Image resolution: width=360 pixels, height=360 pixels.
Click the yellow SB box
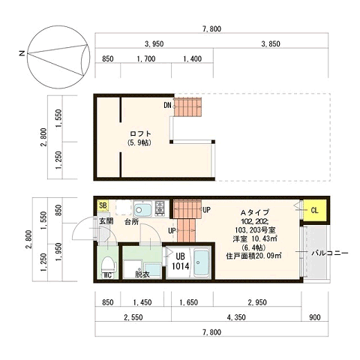103,205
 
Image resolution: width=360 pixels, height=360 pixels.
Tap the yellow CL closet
314,211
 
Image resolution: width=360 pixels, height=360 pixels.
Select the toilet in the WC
108,265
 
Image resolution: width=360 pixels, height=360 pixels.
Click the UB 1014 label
180,261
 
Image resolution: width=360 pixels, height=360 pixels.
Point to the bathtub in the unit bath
202,262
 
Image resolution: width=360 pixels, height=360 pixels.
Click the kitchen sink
143,208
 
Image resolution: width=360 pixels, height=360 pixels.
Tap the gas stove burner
160,208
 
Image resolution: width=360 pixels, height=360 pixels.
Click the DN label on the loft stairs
167,105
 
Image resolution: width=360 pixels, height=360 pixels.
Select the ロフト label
140,133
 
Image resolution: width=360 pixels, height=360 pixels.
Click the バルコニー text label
330,253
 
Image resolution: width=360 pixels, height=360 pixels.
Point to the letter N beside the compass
22,53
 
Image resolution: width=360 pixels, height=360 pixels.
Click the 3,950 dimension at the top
154,44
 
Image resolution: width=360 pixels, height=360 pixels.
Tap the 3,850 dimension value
271,44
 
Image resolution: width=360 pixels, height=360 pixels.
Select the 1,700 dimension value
146,59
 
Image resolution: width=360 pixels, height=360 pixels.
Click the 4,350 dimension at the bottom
236,317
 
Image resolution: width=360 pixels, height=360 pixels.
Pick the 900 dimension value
315,317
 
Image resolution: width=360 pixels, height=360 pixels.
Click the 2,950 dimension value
257,302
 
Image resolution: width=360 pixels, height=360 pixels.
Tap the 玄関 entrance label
106,221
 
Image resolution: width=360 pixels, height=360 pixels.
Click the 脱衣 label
142,274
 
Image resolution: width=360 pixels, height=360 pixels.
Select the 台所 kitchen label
131,221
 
